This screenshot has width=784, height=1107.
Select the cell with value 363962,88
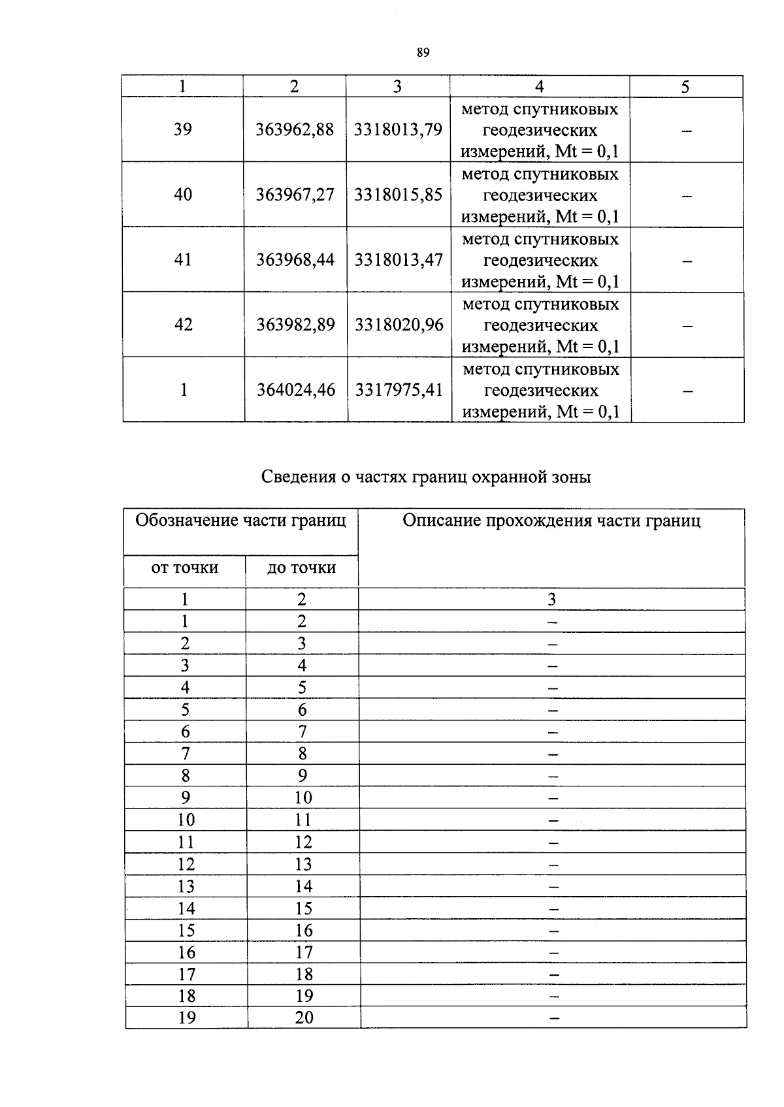[x=295, y=130]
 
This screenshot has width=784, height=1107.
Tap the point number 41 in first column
[x=183, y=260]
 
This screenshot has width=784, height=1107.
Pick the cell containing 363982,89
[x=295, y=325]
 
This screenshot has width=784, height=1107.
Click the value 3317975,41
[x=399, y=390]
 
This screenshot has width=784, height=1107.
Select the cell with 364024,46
[x=296, y=390]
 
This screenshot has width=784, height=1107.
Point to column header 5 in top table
[x=685, y=87]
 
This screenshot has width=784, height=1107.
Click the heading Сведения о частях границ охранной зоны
[x=426, y=477]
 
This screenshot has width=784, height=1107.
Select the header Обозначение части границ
[x=240, y=521]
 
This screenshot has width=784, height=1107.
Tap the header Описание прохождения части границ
[x=551, y=521]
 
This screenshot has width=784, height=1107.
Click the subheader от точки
[x=185, y=568]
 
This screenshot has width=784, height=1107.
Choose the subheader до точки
[x=302, y=568]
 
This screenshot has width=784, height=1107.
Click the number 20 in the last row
[x=304, y=1018]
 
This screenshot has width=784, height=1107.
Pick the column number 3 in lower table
[x=551, y=599]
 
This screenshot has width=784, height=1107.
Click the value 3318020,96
[x=399, y=325]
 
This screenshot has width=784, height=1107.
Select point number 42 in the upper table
[x=184, y=325]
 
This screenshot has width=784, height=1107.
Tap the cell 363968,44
[x=295, y=260]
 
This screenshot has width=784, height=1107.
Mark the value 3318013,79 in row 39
[x=399, y=130]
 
